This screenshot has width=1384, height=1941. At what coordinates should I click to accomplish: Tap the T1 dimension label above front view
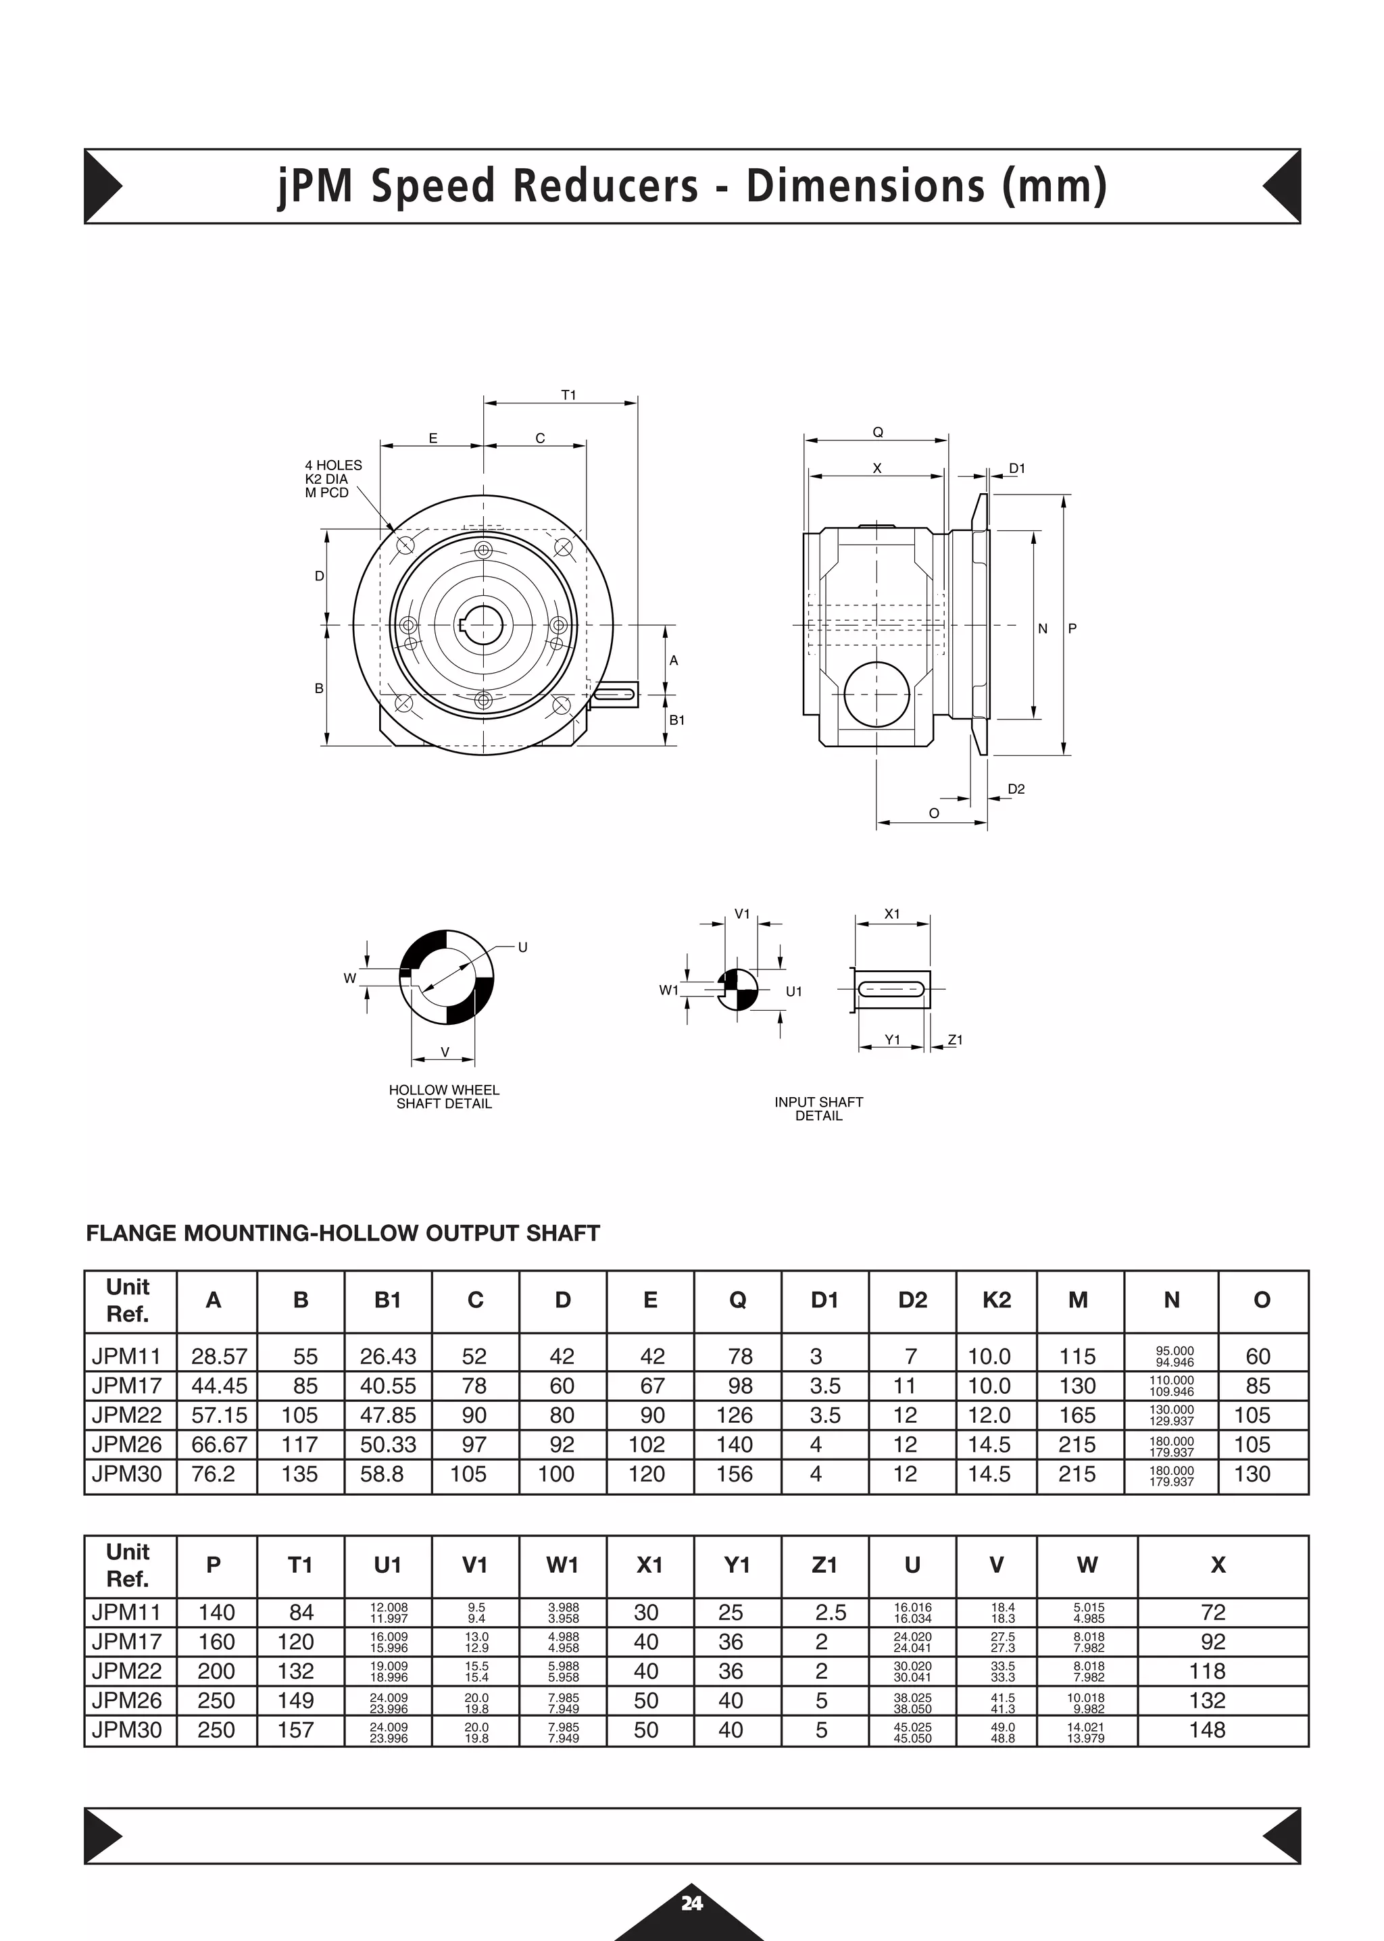[568, 395]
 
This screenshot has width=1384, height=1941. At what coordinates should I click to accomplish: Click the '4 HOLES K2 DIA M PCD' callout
[333, 479]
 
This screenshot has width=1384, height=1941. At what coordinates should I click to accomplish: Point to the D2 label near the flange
[1016, 789]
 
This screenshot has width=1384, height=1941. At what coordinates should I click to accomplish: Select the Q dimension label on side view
[878, 432]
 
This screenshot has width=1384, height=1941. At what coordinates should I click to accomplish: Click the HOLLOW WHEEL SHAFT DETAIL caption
[444, 1096]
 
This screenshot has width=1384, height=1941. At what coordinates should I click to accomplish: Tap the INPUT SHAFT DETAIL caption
[818, 1109]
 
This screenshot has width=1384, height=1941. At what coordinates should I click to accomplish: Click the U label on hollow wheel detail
[522, 947]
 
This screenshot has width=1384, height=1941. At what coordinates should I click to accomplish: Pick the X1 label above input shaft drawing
[891, 913]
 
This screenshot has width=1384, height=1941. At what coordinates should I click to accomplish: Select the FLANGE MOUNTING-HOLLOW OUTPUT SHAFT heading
[343, 1233]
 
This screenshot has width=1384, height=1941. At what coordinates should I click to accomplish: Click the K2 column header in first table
[996, 1299]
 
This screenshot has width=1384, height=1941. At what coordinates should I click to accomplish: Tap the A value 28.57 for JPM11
[219, 1356]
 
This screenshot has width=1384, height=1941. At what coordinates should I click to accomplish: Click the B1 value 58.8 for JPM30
[382, 1474]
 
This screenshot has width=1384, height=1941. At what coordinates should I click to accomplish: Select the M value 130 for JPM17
[1077, 1386]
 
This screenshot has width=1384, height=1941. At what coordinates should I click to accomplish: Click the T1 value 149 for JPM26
[296, 1700]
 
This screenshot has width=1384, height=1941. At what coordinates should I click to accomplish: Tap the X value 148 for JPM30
[1207, 1730]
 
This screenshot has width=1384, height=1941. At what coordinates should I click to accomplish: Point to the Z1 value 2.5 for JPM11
[830, 1612]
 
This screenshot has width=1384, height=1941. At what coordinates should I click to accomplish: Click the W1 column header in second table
[562, 1565]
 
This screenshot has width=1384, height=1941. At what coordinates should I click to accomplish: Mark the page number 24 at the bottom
[691, 1902]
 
